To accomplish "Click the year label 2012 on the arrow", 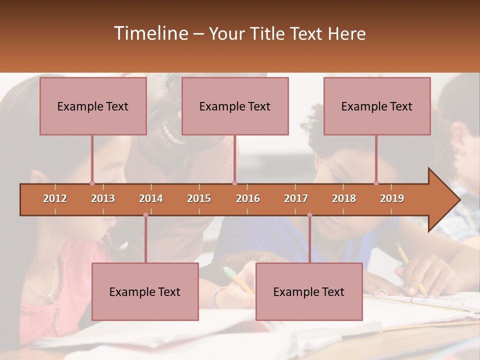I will pyautogui.click(x=55, y=198).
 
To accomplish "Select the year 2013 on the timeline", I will pyautogui.click(x=103, y=198).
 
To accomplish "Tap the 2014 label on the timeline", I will pyautogui.click(x=151, y=198).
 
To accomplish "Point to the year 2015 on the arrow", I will pyautogui.click(x=199, y=198).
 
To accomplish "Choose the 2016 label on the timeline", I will pyautogui.click(x=248, y=198).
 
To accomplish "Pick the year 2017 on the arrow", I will pyautogui.click(x=296, y=198).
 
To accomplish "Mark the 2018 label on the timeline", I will pyautogui.click(x=344, y=198).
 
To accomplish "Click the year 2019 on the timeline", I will pyautogui.click(x=392, y=198).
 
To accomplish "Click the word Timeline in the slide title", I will pyautogui.click(x=150, y=33).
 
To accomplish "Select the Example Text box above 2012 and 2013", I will pyautogui.click(x=93, y=106).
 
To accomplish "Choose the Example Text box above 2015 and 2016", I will pyautogui.click(x=235, y=106).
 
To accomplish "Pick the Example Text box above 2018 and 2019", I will pyautogui.click(x=377, y=106).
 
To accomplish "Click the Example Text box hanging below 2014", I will pyautogui.click(x=145, y=291).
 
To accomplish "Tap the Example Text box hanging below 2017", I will pyautogui.click(x=309, y=291).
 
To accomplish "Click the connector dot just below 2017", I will pyautogui.click(x=309, y=215).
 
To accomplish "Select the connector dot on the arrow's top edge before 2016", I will pyautogui.click(x=234, y=183).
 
